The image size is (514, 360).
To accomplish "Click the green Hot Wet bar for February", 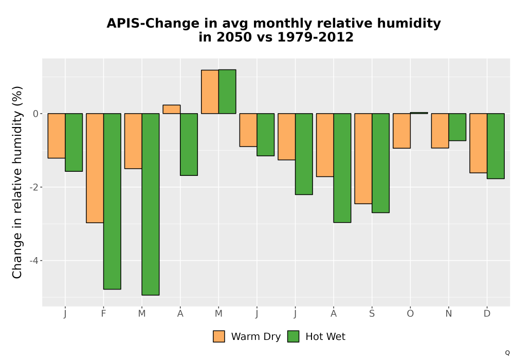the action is click(112, 201).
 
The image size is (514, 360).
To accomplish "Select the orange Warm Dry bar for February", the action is click(95, 168).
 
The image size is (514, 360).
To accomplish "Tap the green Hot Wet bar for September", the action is click(380, 163).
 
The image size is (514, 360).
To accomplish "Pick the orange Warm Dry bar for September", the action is click(363, 159).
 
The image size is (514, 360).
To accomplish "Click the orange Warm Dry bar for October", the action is click(401, 131).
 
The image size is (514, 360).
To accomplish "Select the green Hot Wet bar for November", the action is click(457, 127).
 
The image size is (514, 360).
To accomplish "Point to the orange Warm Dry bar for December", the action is click(478, 143).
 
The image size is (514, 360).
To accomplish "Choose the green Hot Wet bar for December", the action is click(495, 146).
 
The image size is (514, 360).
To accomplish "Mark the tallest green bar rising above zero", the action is click(227, 92).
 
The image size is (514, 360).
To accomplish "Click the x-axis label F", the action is click(103, 314).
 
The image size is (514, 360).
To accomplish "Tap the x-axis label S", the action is click(372, 314).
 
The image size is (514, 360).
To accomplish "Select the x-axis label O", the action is click(410, 314).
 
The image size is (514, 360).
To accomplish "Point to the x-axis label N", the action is click(448, 314).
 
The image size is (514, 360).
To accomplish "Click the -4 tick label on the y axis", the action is click(34, 261).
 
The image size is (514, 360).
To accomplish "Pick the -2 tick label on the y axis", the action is click(34, 187).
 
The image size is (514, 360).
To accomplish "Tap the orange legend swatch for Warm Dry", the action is click(219, 336).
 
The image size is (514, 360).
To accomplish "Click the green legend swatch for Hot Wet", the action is click(293, 336).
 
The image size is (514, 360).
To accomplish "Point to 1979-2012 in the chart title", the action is click(316, 37).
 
